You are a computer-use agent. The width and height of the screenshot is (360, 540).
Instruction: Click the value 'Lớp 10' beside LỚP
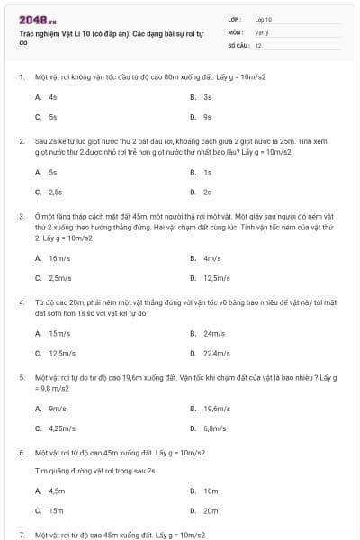pos(264,19)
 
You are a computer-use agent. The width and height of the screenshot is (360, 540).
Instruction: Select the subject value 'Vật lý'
pos(263,31)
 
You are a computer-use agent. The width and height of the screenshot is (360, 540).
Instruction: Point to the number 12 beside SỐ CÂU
pos(258,45)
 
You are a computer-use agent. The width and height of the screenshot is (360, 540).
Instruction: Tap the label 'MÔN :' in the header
pos(236,31)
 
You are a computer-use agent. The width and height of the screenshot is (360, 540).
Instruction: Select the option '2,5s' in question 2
pos(55,192)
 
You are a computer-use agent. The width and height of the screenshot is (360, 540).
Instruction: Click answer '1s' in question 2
pos(207,172)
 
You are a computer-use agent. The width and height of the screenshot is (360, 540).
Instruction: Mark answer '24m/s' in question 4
pos(213,333)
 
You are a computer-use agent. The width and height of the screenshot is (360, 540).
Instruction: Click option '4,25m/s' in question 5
pos(62,428)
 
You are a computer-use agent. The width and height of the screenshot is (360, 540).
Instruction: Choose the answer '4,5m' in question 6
pos(57,491)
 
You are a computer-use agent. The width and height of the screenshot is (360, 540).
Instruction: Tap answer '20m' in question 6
pos(211,511)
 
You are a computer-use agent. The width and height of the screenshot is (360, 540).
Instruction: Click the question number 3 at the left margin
pos(22,217)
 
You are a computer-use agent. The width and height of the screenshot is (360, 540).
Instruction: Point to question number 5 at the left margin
pos(22,378)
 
